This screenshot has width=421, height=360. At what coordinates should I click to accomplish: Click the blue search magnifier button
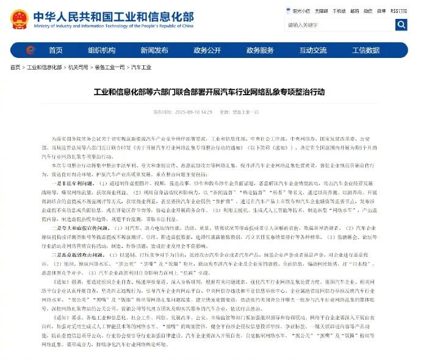(401, 25)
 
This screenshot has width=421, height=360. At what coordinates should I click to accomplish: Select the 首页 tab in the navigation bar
(56, 50)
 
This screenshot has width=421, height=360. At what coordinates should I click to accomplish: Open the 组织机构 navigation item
(101, 50)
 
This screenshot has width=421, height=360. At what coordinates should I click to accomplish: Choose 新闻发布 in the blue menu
(153, 50)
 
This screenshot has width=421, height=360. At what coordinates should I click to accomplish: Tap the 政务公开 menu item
(206, 50)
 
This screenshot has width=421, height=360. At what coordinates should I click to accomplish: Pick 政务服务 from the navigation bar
(259, 50)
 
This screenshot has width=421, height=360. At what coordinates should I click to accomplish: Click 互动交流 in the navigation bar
(313, 50)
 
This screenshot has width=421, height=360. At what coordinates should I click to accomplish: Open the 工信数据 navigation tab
(365, 50)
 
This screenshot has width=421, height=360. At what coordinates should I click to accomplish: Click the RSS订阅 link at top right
(400, 10)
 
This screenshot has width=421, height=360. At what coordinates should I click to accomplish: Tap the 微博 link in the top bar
(375, 10)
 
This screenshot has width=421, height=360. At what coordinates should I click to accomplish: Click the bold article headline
(209, 92)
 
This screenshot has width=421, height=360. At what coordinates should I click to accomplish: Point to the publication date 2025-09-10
(195, 112)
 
